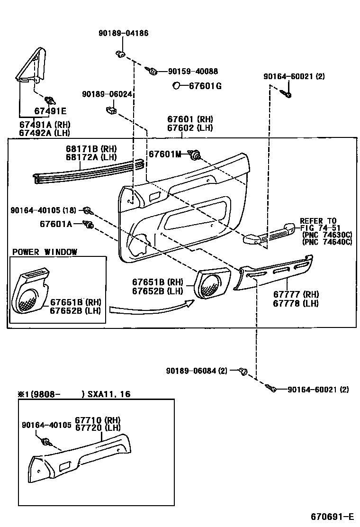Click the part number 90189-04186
coord(123,33)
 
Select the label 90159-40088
coord(193,72)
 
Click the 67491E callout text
coord(50,111)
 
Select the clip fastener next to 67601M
coord(195,154)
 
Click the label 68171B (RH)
coord(91,149)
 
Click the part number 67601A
coord(55,224)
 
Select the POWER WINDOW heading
coord(45,252)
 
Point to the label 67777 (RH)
coord(296,295)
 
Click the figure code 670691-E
coord(332,516)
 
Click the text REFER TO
coord(318,221)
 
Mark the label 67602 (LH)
coord(189,128)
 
